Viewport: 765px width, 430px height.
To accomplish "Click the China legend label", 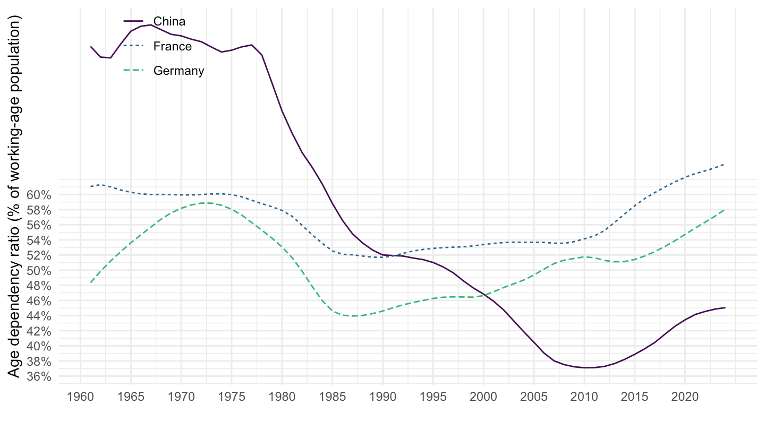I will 169,22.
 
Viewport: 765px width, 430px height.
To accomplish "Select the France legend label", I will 172,46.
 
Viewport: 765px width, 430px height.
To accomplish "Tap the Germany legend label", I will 178,71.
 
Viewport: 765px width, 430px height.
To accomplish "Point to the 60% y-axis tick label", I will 38,195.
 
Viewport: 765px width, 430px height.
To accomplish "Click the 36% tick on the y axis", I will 38,376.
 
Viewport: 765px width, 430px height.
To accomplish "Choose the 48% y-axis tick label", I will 38,286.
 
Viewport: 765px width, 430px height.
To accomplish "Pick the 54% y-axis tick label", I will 38,240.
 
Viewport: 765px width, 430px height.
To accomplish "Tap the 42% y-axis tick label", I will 38,331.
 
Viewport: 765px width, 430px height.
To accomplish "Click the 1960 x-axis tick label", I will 80,397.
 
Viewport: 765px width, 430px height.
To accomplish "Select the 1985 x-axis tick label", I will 332,397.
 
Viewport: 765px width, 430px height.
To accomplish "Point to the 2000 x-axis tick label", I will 483,397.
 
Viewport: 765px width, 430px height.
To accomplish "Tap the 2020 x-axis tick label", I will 685,397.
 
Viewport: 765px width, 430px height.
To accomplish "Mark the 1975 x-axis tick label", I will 231,397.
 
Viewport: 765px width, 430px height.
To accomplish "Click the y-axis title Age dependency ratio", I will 15,196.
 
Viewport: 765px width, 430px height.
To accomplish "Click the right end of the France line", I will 725,165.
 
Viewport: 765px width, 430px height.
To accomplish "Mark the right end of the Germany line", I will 725,210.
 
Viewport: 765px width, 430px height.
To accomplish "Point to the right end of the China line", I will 725,308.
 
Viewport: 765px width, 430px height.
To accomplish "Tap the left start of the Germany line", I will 91,282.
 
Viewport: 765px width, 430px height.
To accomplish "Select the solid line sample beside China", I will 134,22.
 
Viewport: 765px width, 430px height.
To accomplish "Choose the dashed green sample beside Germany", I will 134,71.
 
